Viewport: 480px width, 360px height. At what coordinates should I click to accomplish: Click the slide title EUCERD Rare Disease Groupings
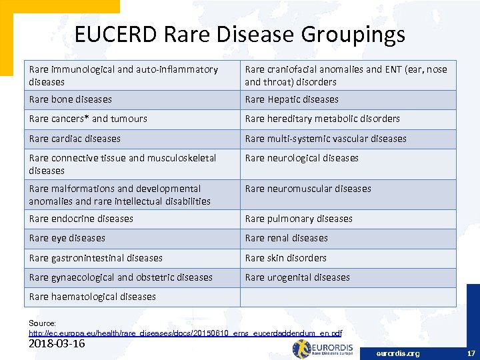239,34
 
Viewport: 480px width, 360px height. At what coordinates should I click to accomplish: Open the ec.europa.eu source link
185,333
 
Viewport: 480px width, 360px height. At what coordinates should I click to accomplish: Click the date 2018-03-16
57,344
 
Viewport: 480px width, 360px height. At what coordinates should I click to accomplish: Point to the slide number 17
471,353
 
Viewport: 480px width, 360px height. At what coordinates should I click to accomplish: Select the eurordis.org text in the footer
398,353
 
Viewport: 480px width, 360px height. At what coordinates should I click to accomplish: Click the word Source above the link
42,323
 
